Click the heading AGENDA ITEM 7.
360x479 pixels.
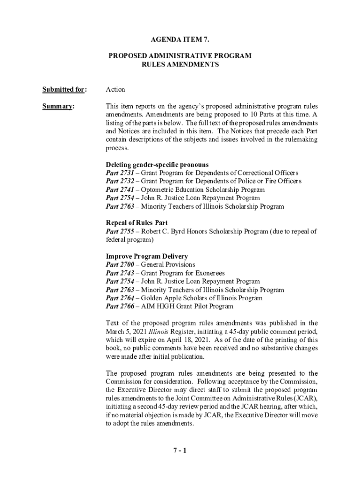click(180, 41)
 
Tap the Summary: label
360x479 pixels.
click(58, 106)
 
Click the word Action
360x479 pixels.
click(115, 89)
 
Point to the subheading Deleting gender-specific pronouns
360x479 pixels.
click(157, 165)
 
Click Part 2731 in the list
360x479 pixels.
click(120, 173)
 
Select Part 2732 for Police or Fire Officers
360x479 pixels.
click(120, 181)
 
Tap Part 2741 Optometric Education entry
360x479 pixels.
click(120, 190)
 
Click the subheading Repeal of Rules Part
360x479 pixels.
click(137, 223)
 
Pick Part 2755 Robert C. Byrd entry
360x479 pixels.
click(120, 231)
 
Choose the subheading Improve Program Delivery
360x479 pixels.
click(147, 256)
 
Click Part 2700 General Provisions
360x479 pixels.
click(120, 265)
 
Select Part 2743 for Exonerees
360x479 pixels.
click(120, 273)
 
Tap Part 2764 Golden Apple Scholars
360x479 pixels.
click(120, 298)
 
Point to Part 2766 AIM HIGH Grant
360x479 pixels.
click(120, 307)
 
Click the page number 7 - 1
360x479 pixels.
click(180, 451)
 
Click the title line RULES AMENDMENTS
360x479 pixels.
click(180, 65)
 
